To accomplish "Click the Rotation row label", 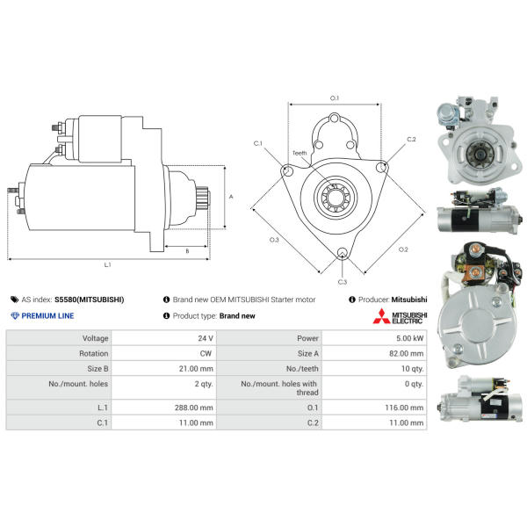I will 94,352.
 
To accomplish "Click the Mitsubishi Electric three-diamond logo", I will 380,316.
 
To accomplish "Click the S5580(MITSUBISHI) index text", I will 89,300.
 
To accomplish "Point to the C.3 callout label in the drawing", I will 342,281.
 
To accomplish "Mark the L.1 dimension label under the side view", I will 107,263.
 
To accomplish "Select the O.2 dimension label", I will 402,249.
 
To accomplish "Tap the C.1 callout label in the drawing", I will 258,142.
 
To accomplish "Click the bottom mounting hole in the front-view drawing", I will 342,255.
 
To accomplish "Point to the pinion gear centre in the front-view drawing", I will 335,195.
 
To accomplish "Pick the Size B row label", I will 95,368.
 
